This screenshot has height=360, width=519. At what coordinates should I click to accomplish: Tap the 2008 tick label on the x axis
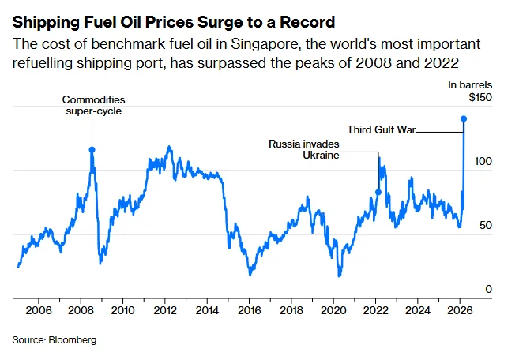80,311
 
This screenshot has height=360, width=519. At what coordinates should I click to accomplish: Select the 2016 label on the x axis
249,311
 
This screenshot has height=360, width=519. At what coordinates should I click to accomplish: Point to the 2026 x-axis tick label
460,311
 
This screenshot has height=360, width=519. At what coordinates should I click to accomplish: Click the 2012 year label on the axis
164,311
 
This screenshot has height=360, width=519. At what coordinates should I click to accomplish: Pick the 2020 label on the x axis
333,311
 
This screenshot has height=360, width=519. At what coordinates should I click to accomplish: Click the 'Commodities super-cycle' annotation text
94,106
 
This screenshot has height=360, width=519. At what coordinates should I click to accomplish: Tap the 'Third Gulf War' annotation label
381,129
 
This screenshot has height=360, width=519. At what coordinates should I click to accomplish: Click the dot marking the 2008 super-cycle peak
92,149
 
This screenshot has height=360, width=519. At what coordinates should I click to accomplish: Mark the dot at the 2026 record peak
464,119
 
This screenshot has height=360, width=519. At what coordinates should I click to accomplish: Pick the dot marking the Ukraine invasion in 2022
378,192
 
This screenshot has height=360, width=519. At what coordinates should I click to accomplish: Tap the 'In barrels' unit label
472,84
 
